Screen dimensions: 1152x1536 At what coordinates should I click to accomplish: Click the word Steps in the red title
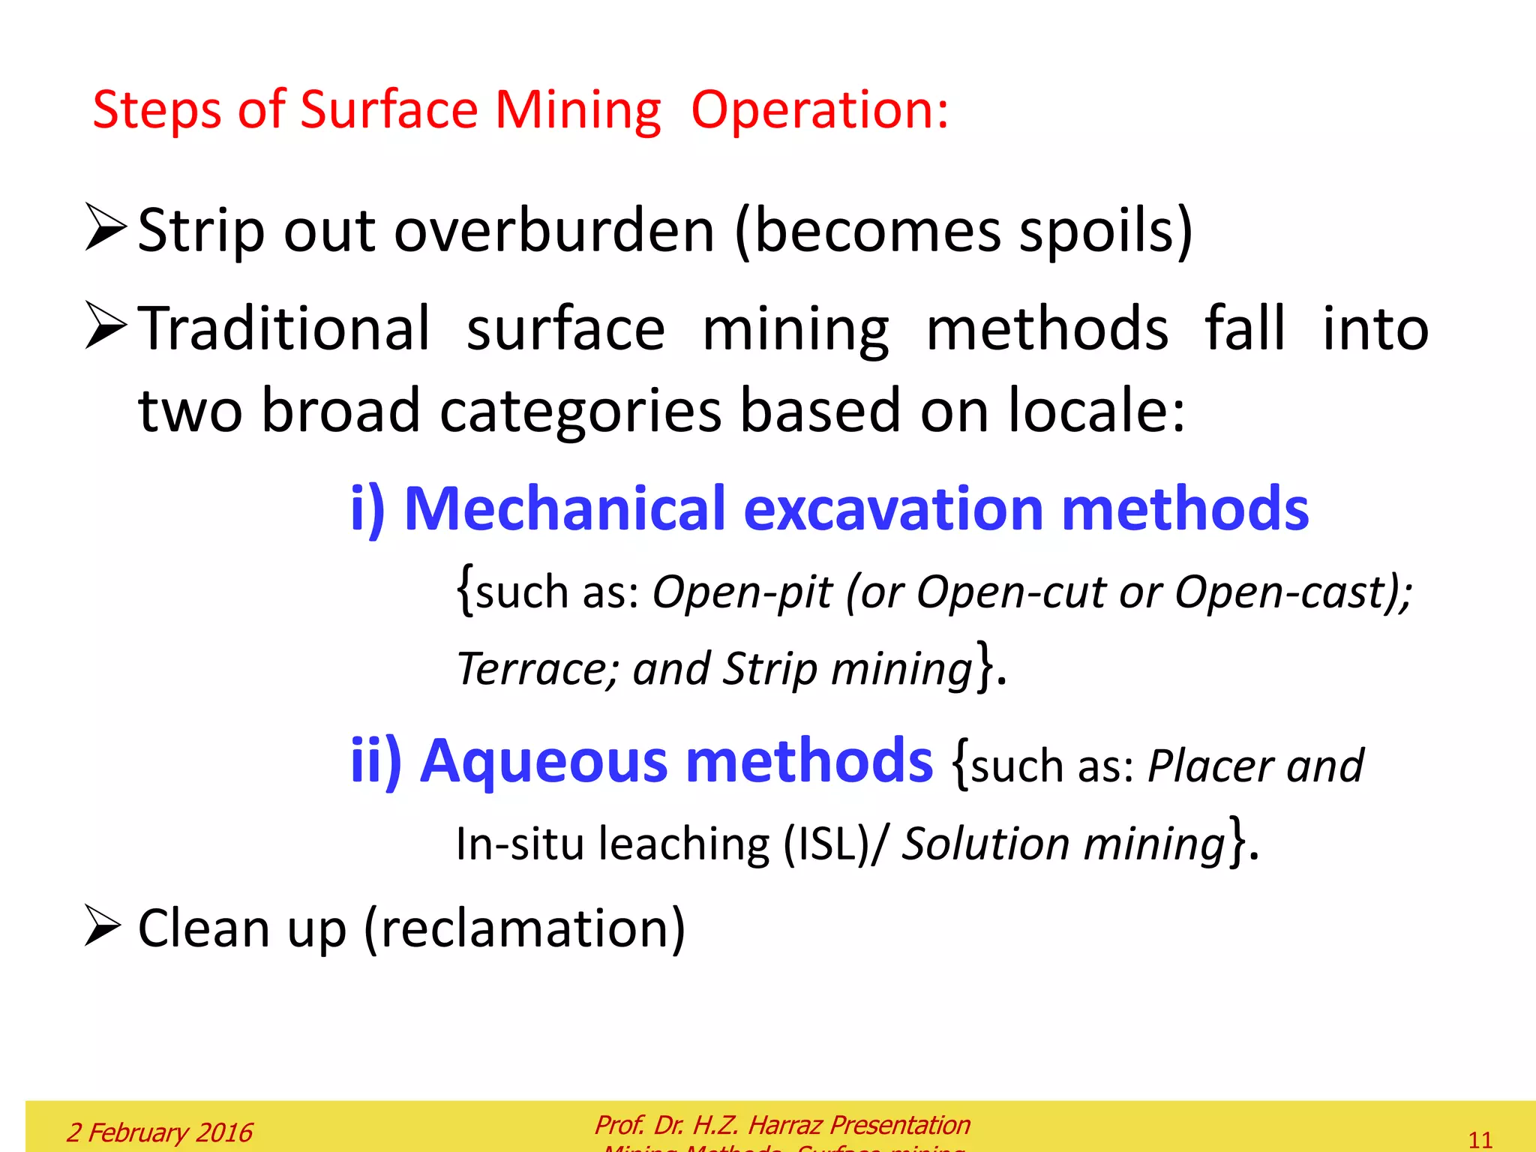tap(156, 110)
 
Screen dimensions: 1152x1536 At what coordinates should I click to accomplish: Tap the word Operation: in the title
tap(820, 110)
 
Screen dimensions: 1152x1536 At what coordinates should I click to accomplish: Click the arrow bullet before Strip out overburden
tap(105, 227)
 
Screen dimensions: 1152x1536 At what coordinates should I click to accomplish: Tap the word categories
tap(580, 411)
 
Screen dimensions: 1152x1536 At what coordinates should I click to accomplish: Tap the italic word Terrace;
tap(538, 668)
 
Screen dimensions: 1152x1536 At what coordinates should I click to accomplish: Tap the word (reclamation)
tap(524, 928)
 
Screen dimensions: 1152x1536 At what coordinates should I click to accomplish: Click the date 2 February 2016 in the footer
tap(160, 1132)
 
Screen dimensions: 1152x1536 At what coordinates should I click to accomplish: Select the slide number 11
tap(1480, 1139)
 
